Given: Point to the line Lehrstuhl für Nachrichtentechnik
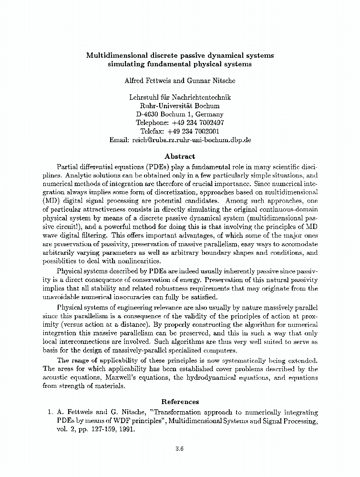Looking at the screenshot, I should click(180, 97).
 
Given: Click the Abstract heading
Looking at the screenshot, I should click(180, 156).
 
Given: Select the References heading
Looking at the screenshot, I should click(180, 402).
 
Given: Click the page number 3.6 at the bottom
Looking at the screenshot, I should click(180, 449).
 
